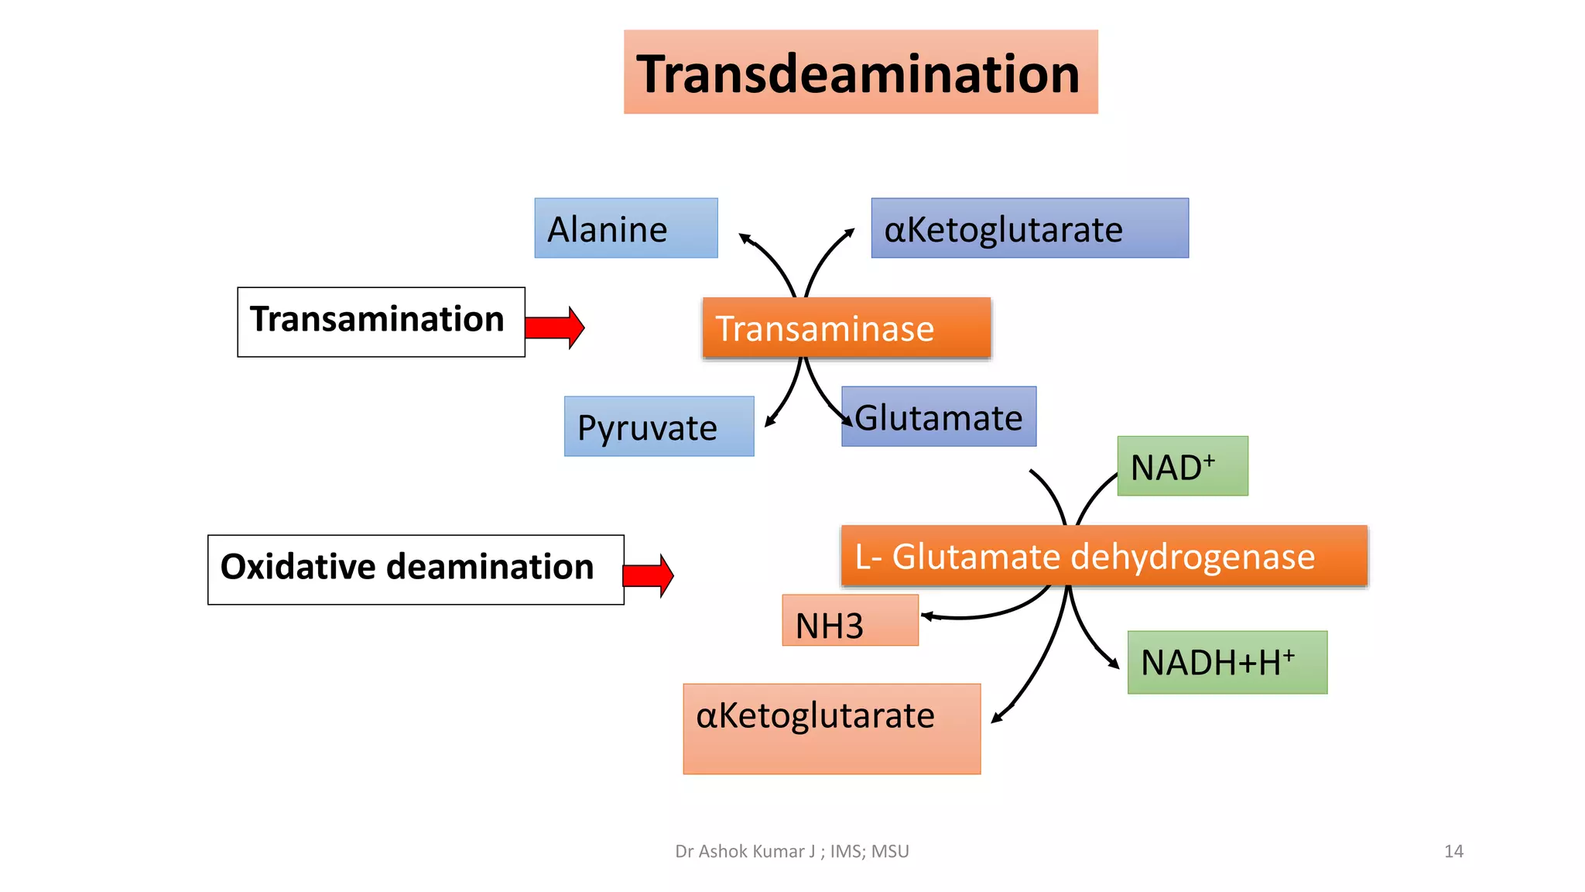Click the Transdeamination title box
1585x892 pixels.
pyautogui.click(x=861, y=72)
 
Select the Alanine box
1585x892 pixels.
pyautogui.click(x=625, y=228)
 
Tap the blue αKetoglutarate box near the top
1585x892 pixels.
pyautogui.click(x=1029, y=228)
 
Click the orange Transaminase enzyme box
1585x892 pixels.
pyautogui.click(x=846, y=328)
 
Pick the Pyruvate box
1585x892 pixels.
pyautogui.click(x=659, y=426)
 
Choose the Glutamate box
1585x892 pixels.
pyautogui.click(x=939, y=417)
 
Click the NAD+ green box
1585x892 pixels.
pyautogui.click(x=1182, y=466)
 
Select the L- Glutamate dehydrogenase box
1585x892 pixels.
pyautogui.click(x=1104, y=556)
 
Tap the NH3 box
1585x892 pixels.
pyautogui.click(x=850, y=621)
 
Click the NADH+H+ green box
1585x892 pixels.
pyautogui.click(x=1227, y=662)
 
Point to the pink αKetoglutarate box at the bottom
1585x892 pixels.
pyautogui.click(x=831, y=729)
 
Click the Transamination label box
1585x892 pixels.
pyautogui.click(x=381, y=321)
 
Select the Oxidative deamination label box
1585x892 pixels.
pyautogui.click(x=416, y=569)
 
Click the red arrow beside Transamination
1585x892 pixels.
pyautogui.click(x=555, y=328)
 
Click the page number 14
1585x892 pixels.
pyautogui.click(x=1453, y=852)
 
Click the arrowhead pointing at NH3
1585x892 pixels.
pyautogui.click(x=926, y=617)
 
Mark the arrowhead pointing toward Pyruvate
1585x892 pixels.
pyautogui.click(x=769, y=422)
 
